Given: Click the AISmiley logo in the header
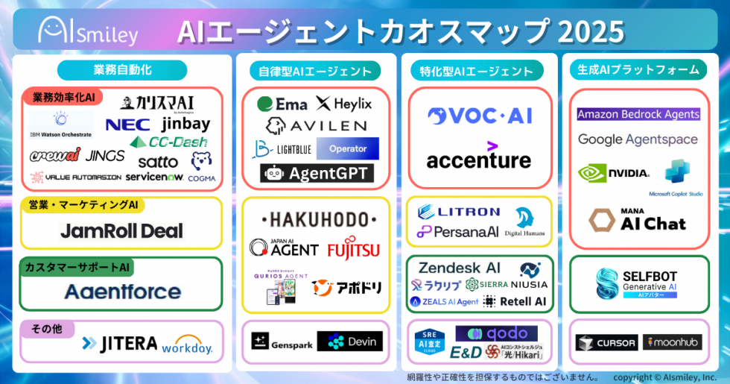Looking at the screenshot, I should pos(88,31).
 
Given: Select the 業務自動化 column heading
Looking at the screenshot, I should pos(122,70).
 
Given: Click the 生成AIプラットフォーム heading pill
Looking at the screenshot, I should pos(638,70).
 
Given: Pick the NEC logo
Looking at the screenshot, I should pos(127,125).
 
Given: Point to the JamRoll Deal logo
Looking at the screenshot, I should pos(121,230).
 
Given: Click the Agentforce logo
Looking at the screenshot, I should pos(122,292).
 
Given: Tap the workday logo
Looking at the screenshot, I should pos(187,346).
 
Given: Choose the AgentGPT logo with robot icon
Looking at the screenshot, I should pos(317,174).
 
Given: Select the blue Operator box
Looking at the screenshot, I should pos(347,148).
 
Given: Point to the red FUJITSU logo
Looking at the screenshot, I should pos(353,248).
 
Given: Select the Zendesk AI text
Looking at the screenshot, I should pos(459,268).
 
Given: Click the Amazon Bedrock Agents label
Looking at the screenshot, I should pos(638,114).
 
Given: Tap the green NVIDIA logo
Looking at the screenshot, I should pos(613,173).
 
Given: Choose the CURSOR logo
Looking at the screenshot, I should pos(606,343).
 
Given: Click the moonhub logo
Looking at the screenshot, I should pos(672,342).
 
